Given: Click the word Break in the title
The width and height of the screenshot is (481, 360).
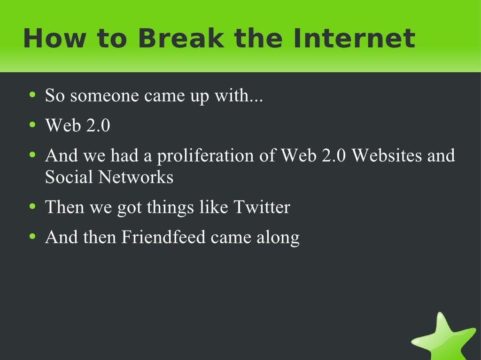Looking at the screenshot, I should (x=181, y=38).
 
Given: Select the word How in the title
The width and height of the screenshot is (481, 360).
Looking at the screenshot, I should (x=48, y=38).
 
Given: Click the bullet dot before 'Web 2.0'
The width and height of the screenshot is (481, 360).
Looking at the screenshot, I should (x=32, y=125).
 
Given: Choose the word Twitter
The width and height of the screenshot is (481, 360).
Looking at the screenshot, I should (x=262, y=207).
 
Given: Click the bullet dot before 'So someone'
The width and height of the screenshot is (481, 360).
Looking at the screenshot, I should (x=32, y=95).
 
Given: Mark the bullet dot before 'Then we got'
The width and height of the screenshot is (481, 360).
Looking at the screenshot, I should (x=32, y=206).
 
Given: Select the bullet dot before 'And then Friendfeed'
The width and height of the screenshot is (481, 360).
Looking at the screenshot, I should (x=32, y=236).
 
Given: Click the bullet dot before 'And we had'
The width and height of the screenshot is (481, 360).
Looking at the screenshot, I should (x=32, y=155).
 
